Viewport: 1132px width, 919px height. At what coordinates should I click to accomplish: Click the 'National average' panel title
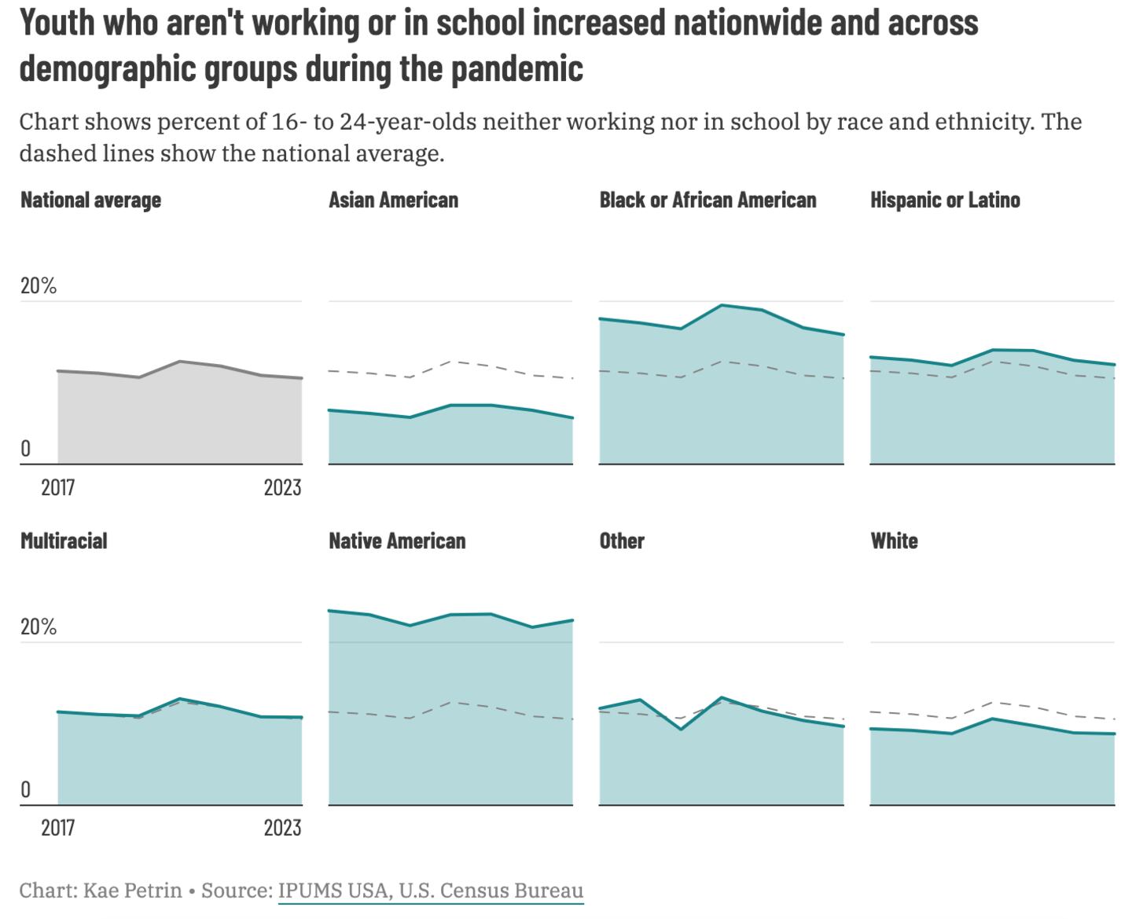click(x=90, y=200)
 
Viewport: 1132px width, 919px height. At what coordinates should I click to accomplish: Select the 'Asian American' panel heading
click(x=393, y=200)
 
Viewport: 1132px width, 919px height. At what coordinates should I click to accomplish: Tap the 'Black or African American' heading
click(x=707, y=200)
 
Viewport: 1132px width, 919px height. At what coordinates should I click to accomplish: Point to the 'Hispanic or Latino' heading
click(x=945, y=200)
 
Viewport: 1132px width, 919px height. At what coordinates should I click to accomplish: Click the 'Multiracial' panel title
click(x=64, y=541)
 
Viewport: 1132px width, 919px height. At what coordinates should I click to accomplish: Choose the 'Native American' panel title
click(x=397, y=541)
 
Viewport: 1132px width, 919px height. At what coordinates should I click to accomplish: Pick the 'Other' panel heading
click(x=622, y=541)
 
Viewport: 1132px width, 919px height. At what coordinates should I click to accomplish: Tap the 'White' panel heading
click(x=894, y=541)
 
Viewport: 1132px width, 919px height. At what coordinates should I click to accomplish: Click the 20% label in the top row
click(x=39, y=286)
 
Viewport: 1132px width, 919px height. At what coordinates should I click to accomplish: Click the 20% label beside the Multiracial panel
click(x=39, y=627)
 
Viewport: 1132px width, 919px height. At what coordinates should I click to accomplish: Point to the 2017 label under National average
click(x=57, y=488)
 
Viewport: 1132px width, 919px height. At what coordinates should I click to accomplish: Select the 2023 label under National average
click(x=282, y=488)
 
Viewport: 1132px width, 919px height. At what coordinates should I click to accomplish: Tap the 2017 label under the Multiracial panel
click(x=57, y=828)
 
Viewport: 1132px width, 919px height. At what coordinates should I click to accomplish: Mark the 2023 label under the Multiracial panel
click(x=282, y=828)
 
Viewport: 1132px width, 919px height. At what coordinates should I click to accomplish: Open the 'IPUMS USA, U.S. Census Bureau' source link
click(x=431, y=891)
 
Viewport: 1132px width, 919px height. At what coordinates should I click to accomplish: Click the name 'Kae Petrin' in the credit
click(x=132, y=891)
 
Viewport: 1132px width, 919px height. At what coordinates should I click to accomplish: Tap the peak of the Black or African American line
click(x=722, y=305)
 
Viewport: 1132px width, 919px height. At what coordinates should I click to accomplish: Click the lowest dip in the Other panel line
click(x=681, y=730)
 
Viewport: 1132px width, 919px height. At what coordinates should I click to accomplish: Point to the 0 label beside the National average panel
click(x=26, y=449)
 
